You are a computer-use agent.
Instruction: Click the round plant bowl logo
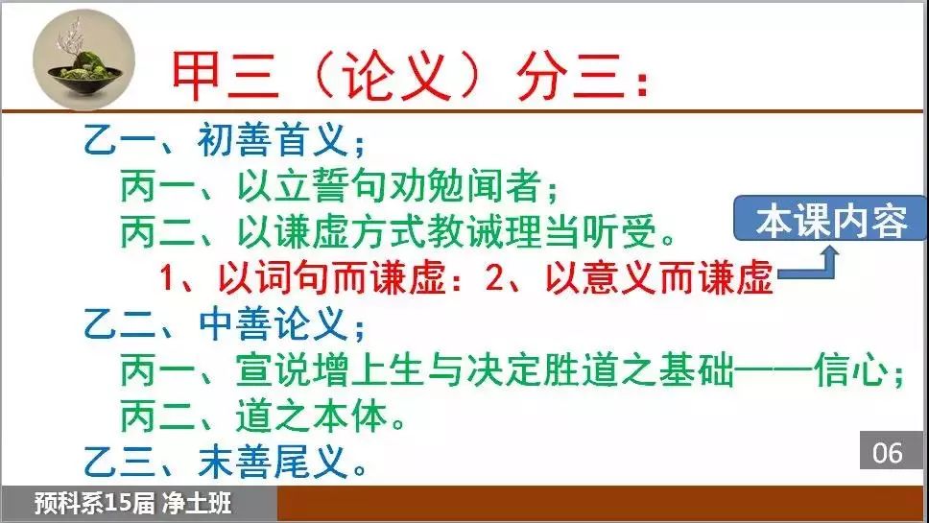click(83, 59)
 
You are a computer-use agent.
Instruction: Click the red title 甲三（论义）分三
click(409, 77)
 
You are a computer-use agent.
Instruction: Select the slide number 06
click(887, 453)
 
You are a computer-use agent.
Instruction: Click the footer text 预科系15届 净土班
click(132, 504)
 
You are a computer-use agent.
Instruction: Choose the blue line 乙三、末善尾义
click(226, 462)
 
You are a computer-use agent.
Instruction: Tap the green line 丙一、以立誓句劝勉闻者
click(340, 186)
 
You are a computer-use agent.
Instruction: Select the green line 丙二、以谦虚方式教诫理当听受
click(398, 231)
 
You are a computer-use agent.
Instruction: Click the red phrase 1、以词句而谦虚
click(303, 277)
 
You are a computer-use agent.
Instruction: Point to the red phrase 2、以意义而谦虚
click(630, 277)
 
